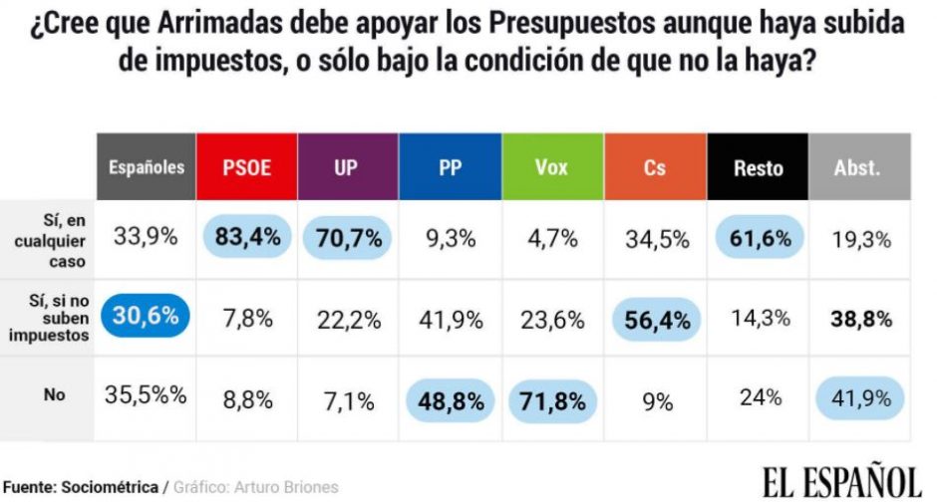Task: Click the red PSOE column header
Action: [x=246, y=167]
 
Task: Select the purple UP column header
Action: [x=348, y=167]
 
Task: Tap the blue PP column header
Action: [x=450, y=167]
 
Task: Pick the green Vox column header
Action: [x=552, y=167]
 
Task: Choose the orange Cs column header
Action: [x=654, y=167]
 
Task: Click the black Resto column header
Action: [x=758, y=167]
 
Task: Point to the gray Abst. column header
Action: [x=858, y=167]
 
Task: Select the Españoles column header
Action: [x=147, y=167]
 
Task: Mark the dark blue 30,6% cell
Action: [x=146, y=317]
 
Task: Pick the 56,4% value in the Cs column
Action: [x=654, y=319]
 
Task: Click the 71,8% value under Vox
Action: [x=552, y=401]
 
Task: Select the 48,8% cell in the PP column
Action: [x=450, y=401]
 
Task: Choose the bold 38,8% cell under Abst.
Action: [x=858, y=319]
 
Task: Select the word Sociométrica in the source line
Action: [x=110, y=487]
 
